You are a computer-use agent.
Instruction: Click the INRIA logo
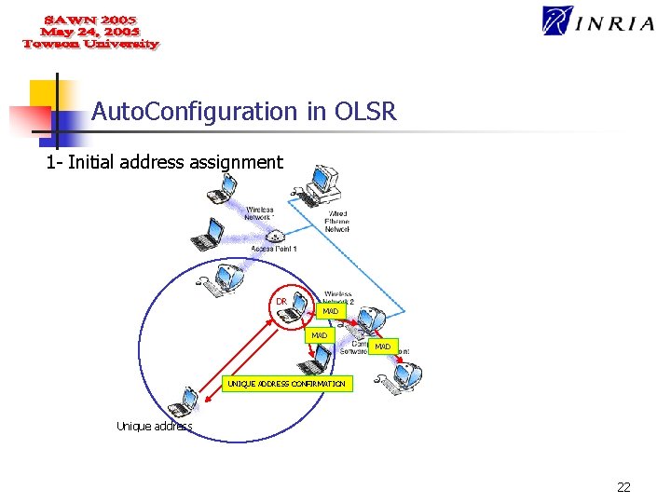click(x=597, y=21)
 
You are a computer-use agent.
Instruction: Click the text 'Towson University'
click(x=90, y=44)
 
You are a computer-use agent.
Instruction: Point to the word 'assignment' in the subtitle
click(x=236, y=163)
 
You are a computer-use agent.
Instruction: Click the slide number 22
click(x=623, y=486)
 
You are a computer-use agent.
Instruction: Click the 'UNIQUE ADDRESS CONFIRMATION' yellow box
click(x=287, y=384)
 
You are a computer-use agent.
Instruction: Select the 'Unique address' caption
click(x=154, y=427)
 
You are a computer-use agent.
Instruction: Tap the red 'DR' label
click(x=281, y=302)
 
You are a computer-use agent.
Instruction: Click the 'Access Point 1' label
click(x=274, y=250)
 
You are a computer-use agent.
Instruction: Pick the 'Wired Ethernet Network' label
click(x=337, y=221)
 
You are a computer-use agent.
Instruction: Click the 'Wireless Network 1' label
click(x=260, y=213)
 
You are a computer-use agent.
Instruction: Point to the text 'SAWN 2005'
click(x=90, y=19)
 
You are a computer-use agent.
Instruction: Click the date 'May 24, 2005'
click(x=90, y=31)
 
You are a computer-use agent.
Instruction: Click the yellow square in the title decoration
click(x=45, y=94)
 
